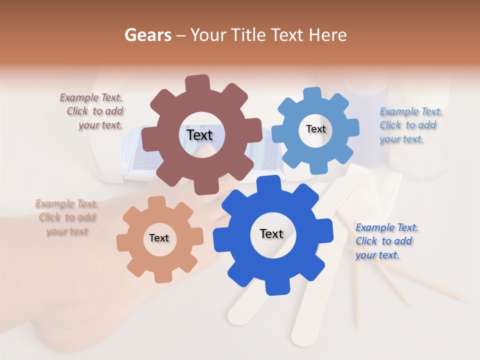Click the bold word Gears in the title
147,35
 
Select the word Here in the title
327,35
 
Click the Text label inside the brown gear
199,135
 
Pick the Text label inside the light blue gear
315,129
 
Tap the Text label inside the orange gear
159,238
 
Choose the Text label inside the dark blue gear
271,233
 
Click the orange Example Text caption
66,217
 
